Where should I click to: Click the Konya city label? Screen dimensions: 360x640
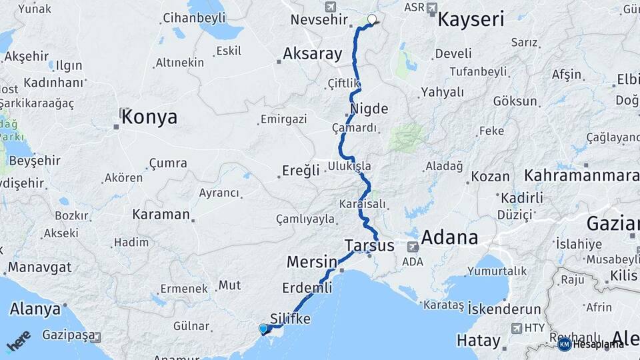[x=149, y=117]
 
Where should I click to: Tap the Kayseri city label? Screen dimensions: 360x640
[x=471, y=19]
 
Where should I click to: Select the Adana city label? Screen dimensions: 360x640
[x=449, y=237]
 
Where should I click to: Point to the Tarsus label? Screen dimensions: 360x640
[x=369, y=245]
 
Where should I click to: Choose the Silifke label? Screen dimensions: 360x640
[x=291, y=319]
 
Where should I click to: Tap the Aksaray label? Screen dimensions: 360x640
[x=312, y=53]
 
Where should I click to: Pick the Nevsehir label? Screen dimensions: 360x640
[x=317, y=19]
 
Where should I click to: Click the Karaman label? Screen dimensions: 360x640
[x=161, y=215]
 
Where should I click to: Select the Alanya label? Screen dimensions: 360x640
[x=35, y=309]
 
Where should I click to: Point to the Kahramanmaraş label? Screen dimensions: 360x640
[x=581, y=175]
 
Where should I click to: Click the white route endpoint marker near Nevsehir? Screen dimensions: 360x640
[x=371, y=19]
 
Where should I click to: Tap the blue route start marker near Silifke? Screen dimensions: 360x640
[x=263, y=328]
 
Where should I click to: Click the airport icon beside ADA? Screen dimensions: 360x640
[x=413, y=246]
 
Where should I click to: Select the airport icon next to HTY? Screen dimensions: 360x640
[x=515, y=328]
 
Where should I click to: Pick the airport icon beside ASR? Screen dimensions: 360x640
[x=431, y=9]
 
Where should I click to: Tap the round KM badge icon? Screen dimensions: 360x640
[x=565, y=344]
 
